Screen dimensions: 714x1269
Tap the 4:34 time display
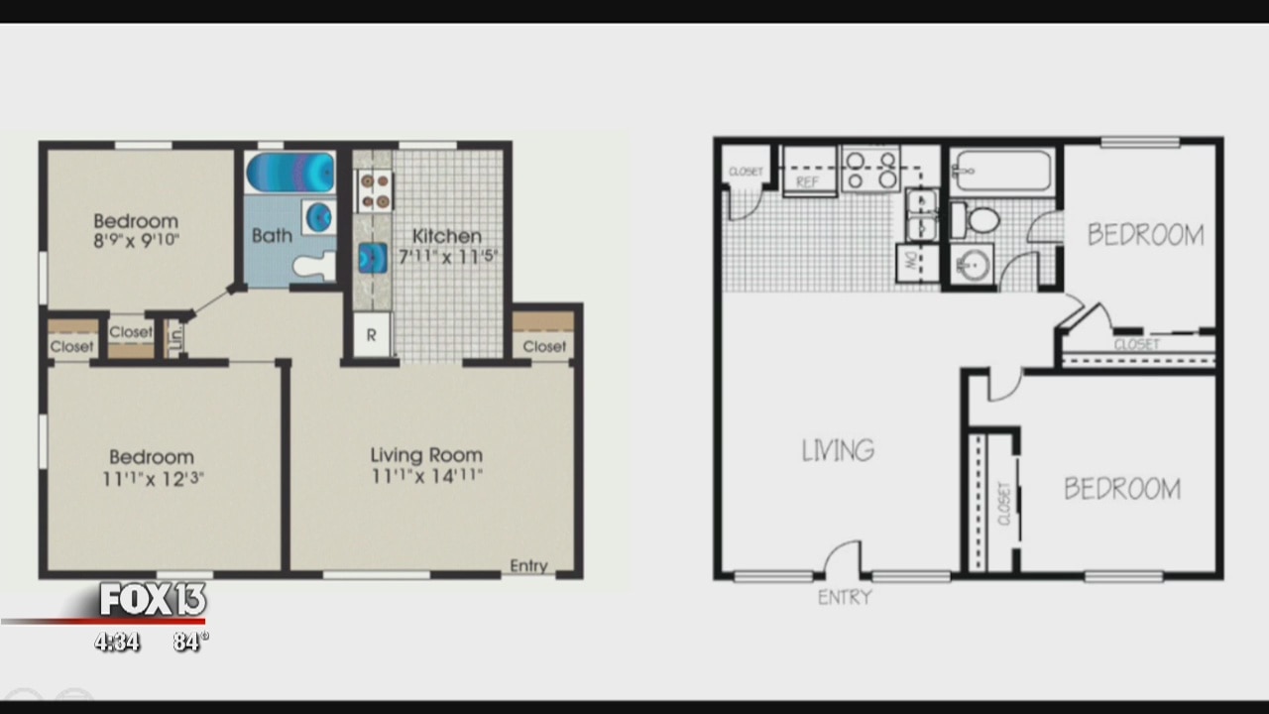[117, 642]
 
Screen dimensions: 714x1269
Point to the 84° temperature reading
[188, 642]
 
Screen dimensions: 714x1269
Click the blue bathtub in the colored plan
[290, 172]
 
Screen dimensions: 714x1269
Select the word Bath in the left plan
[272, 236]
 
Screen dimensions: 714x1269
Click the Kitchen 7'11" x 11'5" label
[447, 246]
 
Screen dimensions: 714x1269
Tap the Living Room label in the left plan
[426, 465]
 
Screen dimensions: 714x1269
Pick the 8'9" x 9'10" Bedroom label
[136, 229]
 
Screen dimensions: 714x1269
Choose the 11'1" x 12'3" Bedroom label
[151, 467]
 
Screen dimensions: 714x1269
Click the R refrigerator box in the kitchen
[372, 335]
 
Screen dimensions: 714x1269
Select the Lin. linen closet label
[176, 336]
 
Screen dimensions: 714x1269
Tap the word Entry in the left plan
[528, 565]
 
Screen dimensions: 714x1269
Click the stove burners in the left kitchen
[375, 190]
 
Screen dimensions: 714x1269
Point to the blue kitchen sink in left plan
[373, 258]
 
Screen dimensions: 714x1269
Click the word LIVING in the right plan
[839, 451]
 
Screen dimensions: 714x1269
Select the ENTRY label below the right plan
[845, 597]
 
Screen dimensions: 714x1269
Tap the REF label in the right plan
[808, 182]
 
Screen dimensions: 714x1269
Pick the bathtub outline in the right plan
[1002, 171]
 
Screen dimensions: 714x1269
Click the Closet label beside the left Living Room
[544, 346]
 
